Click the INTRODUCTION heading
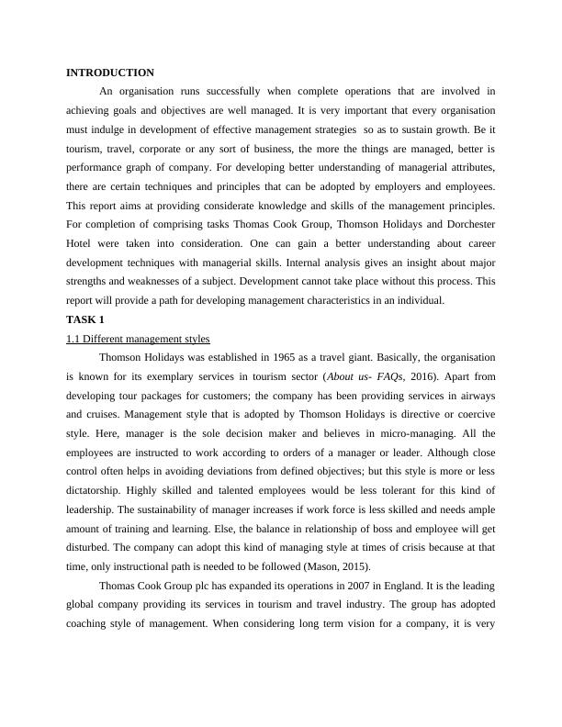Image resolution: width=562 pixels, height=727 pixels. click(110, 73)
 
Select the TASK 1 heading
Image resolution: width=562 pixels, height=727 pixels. click(85, 319)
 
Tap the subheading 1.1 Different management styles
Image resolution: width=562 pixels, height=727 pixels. click(138, 340)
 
